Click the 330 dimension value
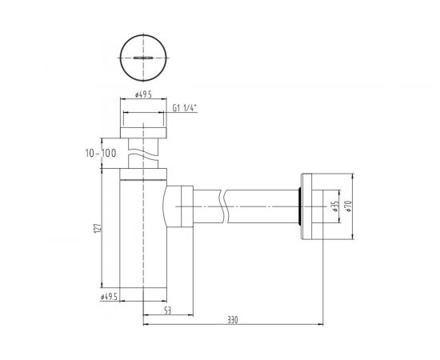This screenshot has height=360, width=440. [233, 319]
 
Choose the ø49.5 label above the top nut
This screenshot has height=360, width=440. [144, 94]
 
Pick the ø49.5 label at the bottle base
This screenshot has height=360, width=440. [110, 298]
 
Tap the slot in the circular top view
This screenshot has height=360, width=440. [143, 58]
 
